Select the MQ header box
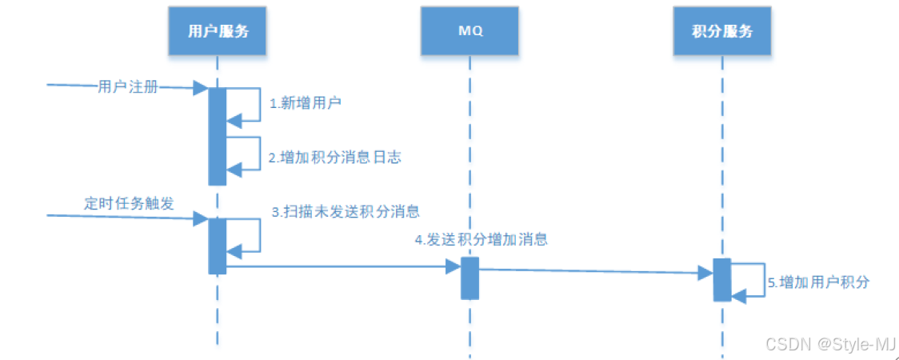(x=470, y=32)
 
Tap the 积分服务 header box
(x=722, y=32)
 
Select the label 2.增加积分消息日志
(x=334, y=158)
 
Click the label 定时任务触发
(x=129, y=202)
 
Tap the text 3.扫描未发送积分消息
(x=346, y=212)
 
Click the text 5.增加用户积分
(x=818, y=282)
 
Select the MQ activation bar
(x=469, y=278)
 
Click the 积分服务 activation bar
(x=721, y=279)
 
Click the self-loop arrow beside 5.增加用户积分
(x=756, y=280)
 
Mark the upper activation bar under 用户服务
(x=217, y=136)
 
